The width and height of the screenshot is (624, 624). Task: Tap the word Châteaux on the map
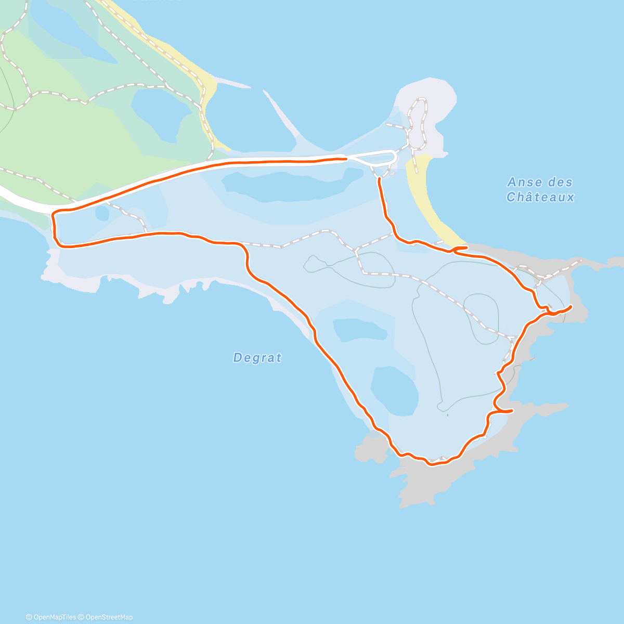540,197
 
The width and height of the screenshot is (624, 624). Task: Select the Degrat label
257,358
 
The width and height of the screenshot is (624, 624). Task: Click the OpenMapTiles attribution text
50,617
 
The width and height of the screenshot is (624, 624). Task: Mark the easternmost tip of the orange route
571,306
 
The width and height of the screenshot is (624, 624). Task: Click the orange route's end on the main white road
345,159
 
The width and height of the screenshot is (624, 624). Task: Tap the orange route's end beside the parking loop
379,179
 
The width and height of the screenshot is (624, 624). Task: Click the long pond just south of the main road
291,185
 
